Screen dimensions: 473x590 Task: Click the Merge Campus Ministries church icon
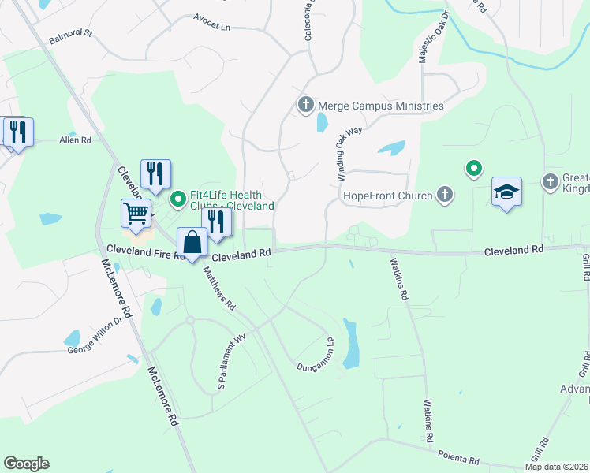pos(305,105)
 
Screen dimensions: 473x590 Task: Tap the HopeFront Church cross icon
pos(445,195)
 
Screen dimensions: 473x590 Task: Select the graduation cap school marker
pos(506,192)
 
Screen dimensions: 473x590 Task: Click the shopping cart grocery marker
pos(136,213)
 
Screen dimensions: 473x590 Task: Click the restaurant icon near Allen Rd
pos(17,132)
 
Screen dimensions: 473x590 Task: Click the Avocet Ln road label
pos(214,27)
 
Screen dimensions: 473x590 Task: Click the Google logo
pos(26,464)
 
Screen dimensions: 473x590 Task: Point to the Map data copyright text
pos(556,467)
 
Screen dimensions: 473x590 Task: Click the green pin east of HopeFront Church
pos(473,169)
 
